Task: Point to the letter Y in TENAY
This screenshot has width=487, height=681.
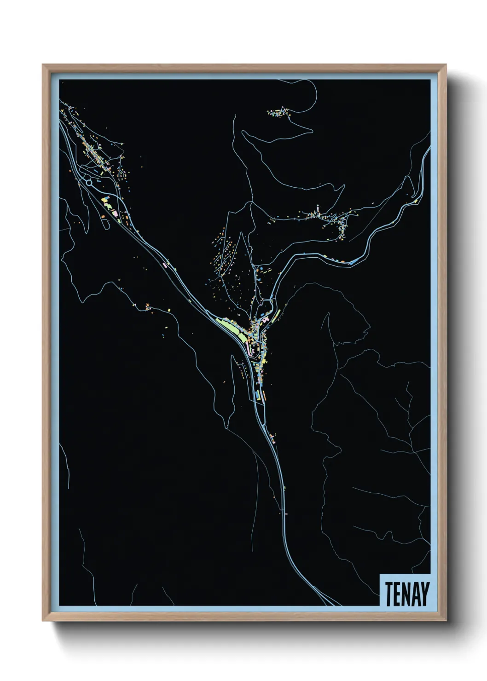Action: click(x=425, y=594)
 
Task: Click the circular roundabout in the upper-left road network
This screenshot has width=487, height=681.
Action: click(x=89, y=182)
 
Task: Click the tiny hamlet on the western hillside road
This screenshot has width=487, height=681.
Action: click(x=147, y=306)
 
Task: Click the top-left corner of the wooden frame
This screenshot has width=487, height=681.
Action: click(x=43, y=65)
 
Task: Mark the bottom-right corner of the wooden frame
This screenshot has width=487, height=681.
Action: click(x=446, y=621)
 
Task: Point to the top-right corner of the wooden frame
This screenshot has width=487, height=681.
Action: click(x=446, y=65)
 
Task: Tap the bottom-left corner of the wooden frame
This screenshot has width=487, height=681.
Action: click(x=43, y=621)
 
